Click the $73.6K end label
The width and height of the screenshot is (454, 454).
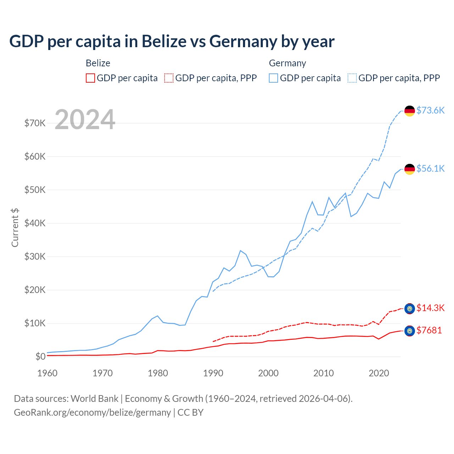pyautogui.click(x=430, y=110)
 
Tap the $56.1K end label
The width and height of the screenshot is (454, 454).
pyautogui.click(x=430, y=168)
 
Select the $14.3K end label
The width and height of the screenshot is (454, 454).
pyautogui.click(x=430, y=308)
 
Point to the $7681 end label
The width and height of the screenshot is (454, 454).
pyautogui.click(x=429, y=330)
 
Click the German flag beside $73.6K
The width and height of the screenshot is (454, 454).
pyautogui.click(x=410, y=111)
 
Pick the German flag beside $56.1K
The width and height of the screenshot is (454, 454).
pyautogui.click(x=410, y=169)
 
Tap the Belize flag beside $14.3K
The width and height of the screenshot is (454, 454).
pyautogui.click(x=410, y=309)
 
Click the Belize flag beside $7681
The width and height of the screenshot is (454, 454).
pyautogui.click(x=410, y=331)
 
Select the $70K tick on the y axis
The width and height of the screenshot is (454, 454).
pyautogui.click(x=35, y=123)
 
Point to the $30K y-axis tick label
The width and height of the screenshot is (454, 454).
pyautogui.click(x=35, y=256)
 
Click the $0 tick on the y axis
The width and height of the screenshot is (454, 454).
pyautogui.click(x=40, y=356)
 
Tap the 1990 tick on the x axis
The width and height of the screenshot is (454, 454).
pyautogui.click(x=213, y=373)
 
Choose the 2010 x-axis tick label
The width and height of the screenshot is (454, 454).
pyautogui.click(x=323, y=373)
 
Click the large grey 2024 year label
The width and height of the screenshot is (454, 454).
pyautogui.click(x=85, y=120)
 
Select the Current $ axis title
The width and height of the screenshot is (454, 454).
pyautogui.click(x=15, y=228)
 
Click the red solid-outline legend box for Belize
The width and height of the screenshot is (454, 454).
pyautogui.click(x=90, y=78)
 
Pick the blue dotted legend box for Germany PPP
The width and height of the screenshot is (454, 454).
pyautogui.click(x=352, y=78)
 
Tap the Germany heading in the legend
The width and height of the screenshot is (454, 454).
pyautogui.click(x=287, y=63)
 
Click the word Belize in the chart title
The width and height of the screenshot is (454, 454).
pyautogui.click(x=164, y=41)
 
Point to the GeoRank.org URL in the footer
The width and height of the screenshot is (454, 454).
pyautogui.click(x=92, y=413)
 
